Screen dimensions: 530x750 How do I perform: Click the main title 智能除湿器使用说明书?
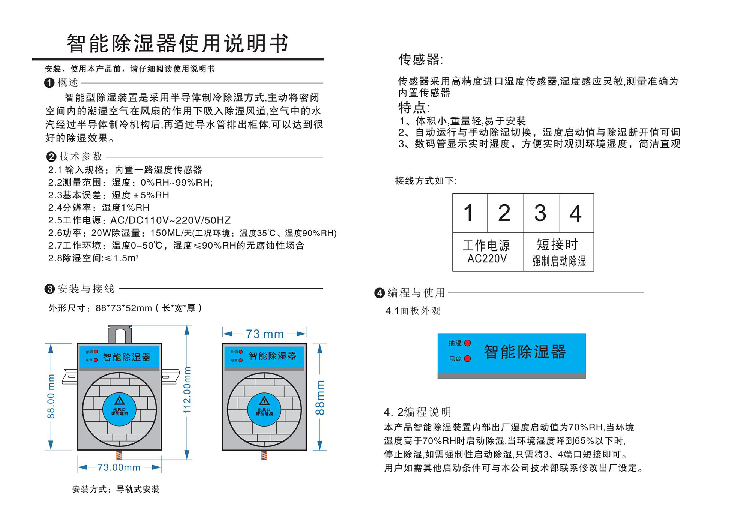178,43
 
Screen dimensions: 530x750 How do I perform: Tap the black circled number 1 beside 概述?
49,82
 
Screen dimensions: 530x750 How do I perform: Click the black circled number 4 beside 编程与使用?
379,293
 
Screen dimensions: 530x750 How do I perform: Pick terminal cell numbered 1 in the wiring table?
469,213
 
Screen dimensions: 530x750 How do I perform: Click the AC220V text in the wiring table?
487,259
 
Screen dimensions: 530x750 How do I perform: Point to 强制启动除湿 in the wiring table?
559,261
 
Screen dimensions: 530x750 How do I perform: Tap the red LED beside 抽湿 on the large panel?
467,343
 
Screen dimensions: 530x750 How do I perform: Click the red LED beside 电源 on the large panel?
467,359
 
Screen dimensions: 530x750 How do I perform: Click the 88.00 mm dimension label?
51,396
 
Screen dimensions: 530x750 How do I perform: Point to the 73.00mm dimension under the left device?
119,467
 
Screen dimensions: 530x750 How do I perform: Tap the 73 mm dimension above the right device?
265,334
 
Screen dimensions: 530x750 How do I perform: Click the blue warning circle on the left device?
119,409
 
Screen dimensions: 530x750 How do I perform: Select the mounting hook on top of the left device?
120,334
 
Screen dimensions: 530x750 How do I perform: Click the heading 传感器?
420,59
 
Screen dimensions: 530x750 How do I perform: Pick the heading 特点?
414,108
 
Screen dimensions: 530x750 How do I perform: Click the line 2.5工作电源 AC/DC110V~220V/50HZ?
139,220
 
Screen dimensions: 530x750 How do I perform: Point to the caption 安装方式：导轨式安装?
116,489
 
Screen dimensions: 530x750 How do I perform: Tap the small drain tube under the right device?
264,455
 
